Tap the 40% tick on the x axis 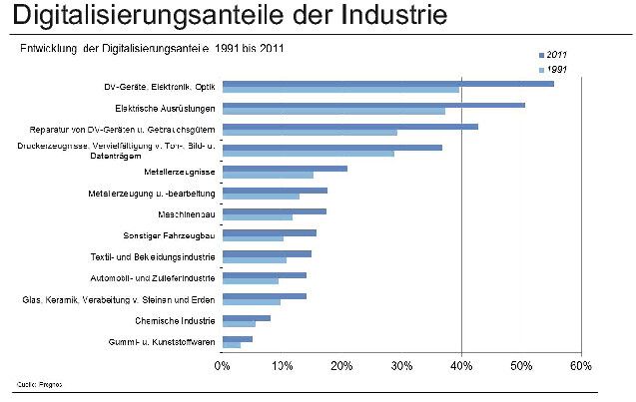461,365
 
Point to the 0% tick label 223,365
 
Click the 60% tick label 580,365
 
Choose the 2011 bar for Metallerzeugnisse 285,169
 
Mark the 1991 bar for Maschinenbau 257,216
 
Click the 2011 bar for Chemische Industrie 246,318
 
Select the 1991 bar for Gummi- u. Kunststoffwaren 231,345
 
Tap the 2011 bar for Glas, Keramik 264,296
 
